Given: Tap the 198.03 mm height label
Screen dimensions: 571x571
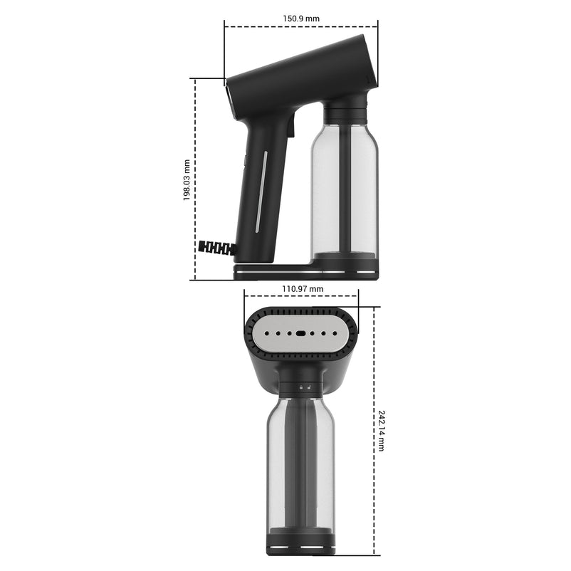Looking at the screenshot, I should click(187, 179).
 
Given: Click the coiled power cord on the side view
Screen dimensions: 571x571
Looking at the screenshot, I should click(217, 248).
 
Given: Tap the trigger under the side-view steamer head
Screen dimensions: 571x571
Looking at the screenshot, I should click(291, 127).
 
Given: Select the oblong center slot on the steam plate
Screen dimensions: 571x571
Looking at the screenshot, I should click(301, 333).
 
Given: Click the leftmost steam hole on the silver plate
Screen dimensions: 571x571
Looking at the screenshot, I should click(265, 333).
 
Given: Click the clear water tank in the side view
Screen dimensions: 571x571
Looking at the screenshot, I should click(345, 185).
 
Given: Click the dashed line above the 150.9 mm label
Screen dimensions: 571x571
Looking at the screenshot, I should click(300, 27).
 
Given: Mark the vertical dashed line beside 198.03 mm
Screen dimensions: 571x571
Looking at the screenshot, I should click(195, 179).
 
